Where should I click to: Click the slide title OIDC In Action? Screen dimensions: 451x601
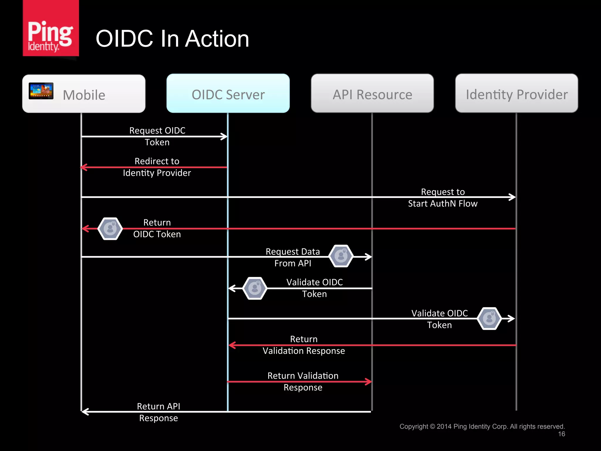172,39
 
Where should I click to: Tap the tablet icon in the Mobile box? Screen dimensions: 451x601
41,91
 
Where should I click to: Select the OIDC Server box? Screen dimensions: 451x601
228,93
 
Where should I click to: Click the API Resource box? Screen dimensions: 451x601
372,93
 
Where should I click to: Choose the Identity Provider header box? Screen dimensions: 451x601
516,93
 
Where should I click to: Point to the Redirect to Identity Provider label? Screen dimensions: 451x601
157,167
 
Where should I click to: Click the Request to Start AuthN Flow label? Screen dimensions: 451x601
443,198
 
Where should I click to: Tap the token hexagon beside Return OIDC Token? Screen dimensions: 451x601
110,229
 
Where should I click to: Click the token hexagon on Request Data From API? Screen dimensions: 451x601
341,256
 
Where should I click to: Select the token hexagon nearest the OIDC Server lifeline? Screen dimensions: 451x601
255,288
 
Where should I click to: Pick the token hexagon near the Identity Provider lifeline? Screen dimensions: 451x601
489,319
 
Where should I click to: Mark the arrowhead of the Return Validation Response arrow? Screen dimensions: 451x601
369,382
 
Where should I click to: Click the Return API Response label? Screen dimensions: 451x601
158,412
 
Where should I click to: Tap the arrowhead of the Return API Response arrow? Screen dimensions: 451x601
85,412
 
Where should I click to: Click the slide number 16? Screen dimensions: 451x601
561,434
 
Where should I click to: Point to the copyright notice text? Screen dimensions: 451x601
482,426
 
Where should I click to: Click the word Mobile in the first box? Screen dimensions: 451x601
84,95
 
